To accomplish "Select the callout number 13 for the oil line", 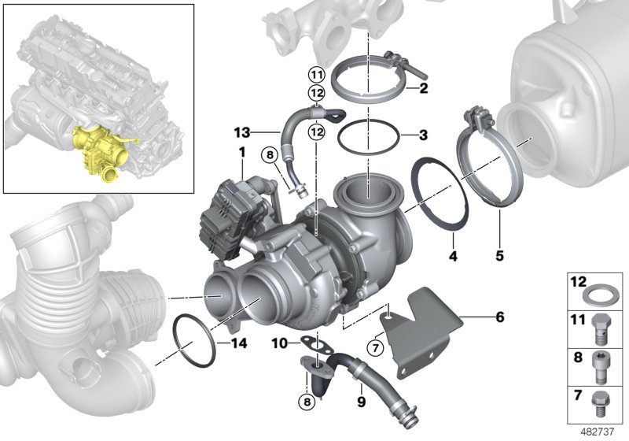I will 241,131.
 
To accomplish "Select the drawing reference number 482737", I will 602,432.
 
